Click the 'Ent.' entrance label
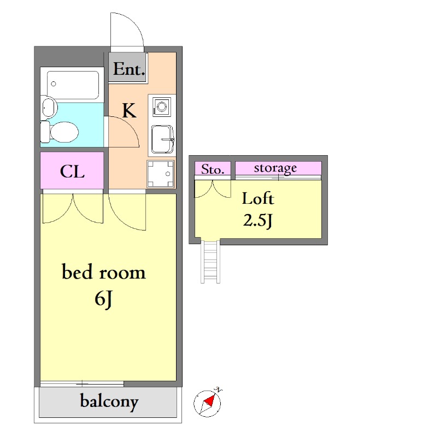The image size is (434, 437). [129, 69]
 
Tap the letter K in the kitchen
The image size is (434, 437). [129, 110]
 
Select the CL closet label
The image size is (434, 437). [72, 171]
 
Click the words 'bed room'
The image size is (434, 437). [103, 271]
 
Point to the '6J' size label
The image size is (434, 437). [103, 299]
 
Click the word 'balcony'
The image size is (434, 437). [109, 401]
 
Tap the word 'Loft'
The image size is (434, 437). [258, 198]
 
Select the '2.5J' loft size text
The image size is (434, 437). [257, 221]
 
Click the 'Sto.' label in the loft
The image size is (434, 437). [213, 169]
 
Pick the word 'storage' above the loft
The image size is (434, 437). [275, 168]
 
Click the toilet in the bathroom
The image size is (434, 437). [60, 132]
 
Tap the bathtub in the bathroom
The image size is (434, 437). [73, 85]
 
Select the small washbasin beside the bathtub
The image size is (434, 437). [50, 107]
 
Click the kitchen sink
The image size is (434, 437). [162, 139]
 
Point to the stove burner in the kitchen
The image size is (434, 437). [162, 107]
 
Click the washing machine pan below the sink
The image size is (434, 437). [161, 174]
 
